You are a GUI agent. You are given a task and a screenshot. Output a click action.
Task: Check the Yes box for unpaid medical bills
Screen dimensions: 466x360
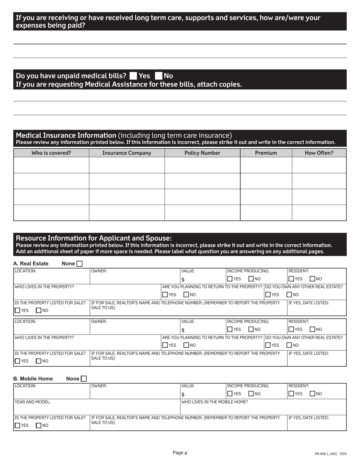(133, 76)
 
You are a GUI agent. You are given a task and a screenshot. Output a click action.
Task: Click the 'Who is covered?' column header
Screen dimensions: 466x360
(51, 153)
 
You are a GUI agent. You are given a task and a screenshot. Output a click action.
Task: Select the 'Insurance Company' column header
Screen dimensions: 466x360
(127, 153)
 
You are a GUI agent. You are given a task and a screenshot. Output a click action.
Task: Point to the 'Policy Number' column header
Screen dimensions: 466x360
(202, 153)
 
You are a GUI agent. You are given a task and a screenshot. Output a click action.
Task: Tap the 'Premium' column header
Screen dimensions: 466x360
(266, 153)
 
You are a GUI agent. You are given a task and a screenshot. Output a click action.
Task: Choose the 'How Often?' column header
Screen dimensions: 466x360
(319, 153)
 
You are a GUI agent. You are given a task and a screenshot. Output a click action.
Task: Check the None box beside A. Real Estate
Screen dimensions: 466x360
(80, 264)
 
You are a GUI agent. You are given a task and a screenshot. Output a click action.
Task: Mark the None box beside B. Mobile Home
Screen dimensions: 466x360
(84, 378)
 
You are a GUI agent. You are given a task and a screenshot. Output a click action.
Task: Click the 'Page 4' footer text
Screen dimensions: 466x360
(180, 452)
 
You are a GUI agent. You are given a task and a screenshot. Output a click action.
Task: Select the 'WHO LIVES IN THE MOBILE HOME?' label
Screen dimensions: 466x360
(215, 402)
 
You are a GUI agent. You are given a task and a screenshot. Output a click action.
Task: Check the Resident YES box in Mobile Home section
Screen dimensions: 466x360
(291, 394)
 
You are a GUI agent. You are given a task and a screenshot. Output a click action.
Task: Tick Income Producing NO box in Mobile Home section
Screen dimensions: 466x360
(251, 394)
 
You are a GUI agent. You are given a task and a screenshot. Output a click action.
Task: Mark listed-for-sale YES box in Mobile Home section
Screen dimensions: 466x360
(17, 425)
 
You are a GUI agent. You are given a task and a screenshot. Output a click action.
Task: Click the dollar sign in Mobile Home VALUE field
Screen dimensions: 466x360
(183, 394)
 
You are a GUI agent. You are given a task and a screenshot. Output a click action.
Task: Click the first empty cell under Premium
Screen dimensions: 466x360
(266, 165)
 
